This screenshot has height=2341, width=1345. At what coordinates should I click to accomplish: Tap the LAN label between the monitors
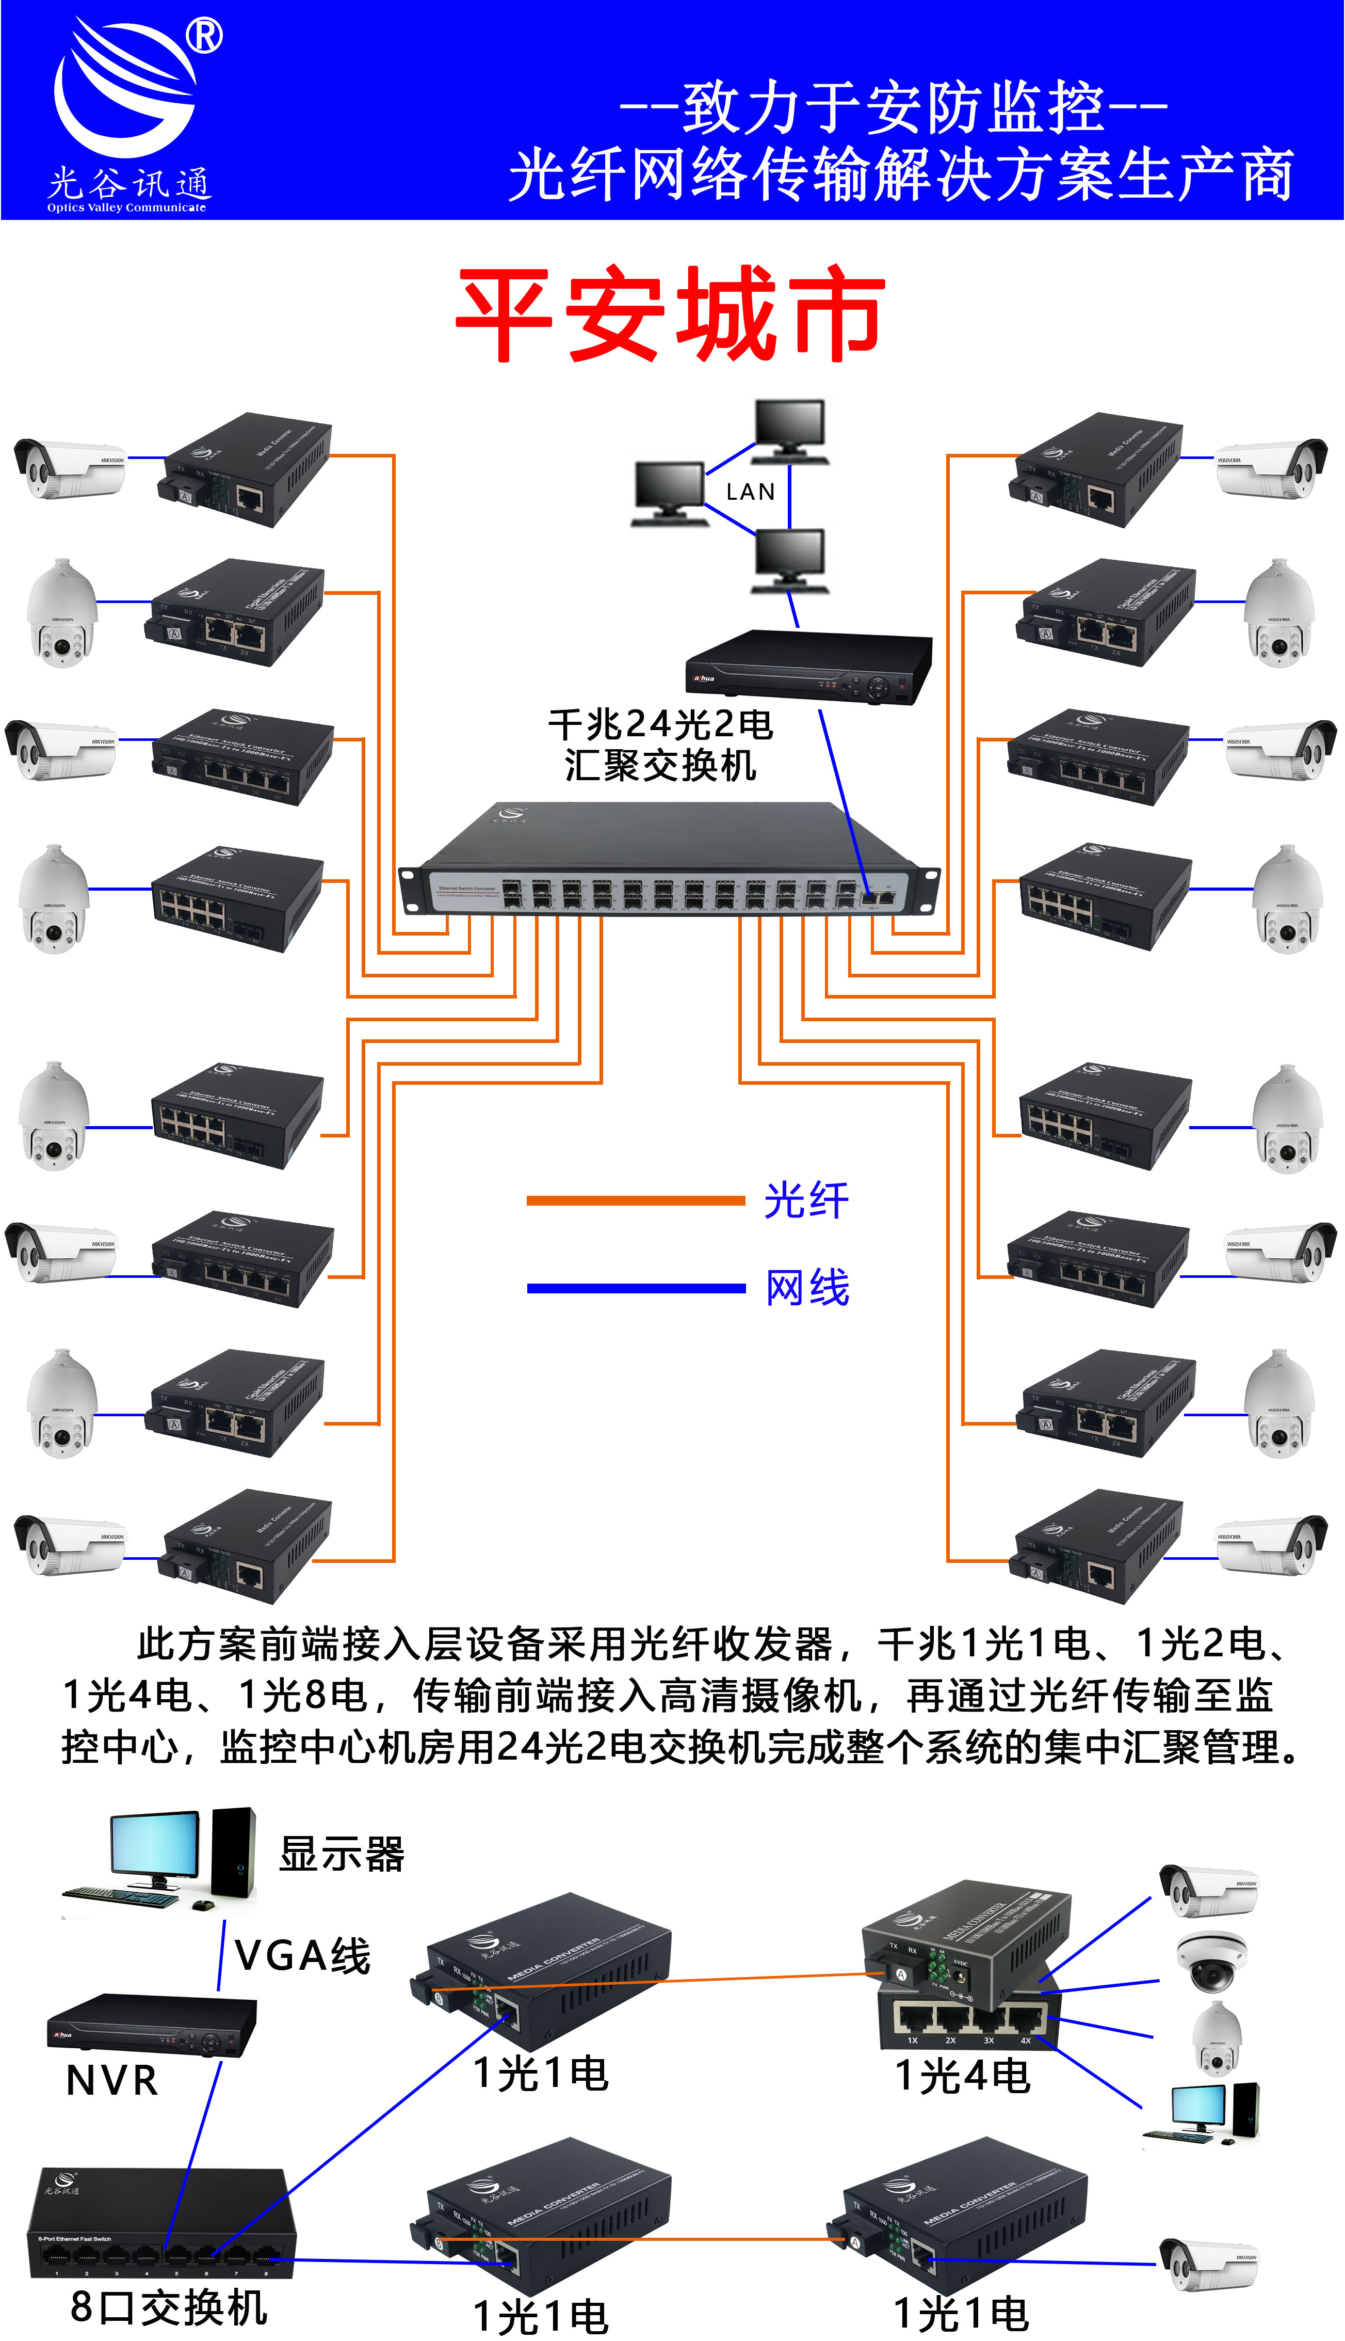click(750, 492)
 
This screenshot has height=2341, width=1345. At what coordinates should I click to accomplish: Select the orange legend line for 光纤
click(636, 1200)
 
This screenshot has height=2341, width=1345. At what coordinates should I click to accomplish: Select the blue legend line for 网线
click(636, 1287)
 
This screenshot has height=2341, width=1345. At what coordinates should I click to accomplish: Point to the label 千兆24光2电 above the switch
click(660, 724)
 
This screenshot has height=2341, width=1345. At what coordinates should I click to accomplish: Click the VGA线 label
click(303, 1955)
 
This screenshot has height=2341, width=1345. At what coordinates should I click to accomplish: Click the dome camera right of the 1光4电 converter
click(1211, 1959)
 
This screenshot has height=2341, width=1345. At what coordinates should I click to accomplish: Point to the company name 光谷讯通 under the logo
click(129, 183)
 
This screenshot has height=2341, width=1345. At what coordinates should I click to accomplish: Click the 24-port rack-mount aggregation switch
click(670, 860)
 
